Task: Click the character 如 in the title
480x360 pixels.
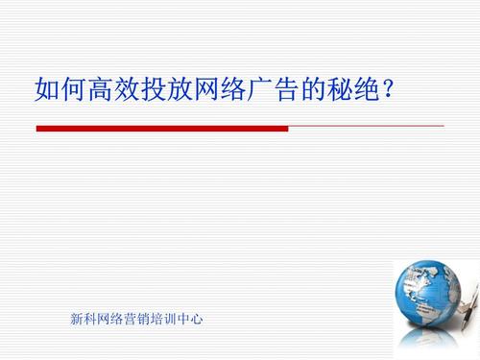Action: (x=46, y=91)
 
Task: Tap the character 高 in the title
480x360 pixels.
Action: (x=96, y=91)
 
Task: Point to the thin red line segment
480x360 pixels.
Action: (x=366, y=127)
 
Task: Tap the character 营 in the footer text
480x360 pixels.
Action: (x=131, y=318)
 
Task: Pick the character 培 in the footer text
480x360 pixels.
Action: (x=157, y=318)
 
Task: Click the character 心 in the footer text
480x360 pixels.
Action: (x=197, y=318)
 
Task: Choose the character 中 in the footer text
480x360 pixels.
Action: (x=183, y=318)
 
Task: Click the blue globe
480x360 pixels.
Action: (x=428, y=298)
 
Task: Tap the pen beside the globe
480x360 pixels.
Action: (x=468, y=305)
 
